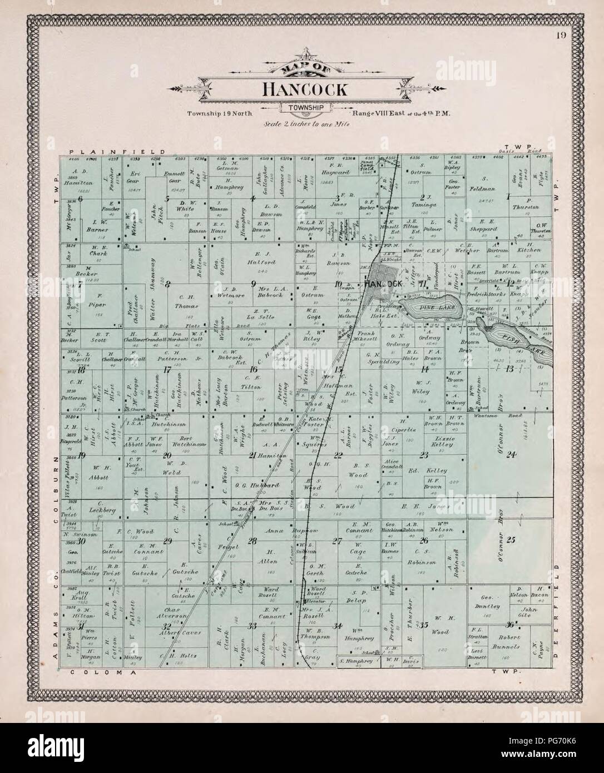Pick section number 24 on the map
point(511,455)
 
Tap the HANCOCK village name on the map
point(383,284)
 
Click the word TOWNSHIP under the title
point(307,108)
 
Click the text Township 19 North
point(224,114)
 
